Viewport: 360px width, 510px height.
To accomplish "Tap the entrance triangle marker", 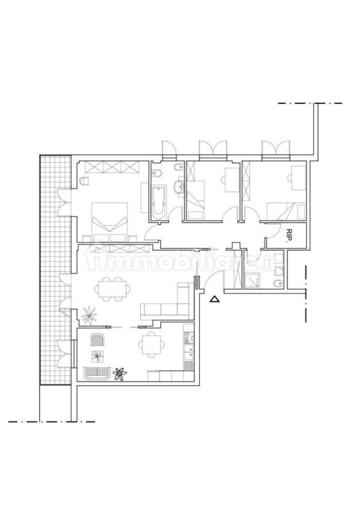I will coord(215,299).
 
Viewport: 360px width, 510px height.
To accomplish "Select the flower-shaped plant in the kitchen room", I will coord(120,374).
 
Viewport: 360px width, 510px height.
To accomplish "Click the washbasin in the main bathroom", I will coord(179,189).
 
